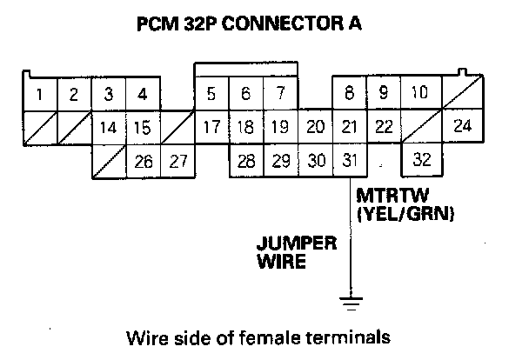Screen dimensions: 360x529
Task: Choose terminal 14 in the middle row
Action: pos(109,128)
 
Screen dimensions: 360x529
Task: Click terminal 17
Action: pos(211,128)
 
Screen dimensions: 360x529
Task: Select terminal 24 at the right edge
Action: pos(463,126)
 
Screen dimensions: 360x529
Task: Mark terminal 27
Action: pos(177,161)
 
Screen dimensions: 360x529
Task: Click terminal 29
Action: pos(280,161)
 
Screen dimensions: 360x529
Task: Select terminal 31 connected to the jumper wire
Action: pos(349,161)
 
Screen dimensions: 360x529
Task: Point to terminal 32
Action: pos(422,161)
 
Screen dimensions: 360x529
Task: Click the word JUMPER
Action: pos(296,243)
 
